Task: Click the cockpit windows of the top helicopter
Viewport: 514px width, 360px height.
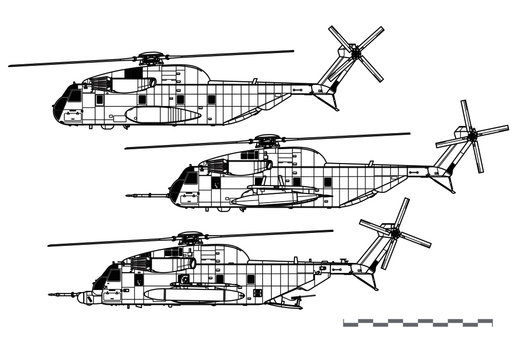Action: point(72,96)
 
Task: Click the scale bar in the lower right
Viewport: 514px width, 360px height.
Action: point(417,322)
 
